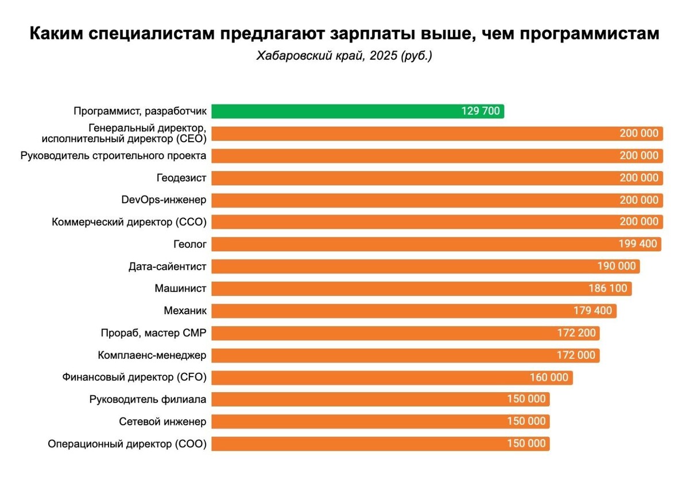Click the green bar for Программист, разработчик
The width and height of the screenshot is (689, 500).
(x=333, y=111)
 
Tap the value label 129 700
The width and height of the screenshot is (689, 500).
(x=480, y=111)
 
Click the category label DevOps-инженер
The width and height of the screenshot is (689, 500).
(x=164, y=200)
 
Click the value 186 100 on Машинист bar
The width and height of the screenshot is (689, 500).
(x=608, y=288)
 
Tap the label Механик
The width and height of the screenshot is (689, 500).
(x=185, y=311)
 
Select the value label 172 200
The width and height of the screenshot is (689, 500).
(x=576, y=333)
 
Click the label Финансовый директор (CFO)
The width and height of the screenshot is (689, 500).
(x=134, y=377)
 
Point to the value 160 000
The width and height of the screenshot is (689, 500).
(x=549, y=377)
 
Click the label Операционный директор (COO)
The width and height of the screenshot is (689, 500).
(x=127, y=444)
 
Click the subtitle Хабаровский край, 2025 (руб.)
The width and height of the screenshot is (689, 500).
(x=343, y=57)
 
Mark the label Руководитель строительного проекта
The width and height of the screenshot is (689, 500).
(x=113, y=156)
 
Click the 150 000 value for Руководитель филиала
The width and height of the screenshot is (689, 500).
(x=526, y=400)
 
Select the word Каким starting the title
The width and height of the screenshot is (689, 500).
(x=57, y=34)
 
